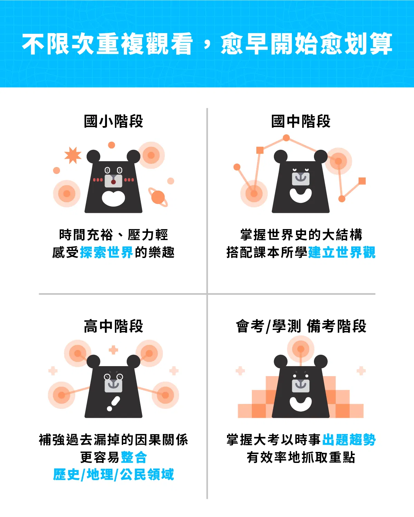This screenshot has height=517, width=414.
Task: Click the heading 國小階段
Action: [x=114, y=121]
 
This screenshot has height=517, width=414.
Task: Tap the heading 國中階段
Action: [x=300, y=121]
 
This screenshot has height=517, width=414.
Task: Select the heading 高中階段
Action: [x=114, y=326]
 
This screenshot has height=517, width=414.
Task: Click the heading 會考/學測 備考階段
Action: [x=301, y=326]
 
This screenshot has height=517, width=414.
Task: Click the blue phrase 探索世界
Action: [x=106, y=252]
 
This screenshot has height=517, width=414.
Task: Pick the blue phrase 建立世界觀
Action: [x=342, y=252]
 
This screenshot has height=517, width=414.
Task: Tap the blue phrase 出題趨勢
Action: [x=349, y=440]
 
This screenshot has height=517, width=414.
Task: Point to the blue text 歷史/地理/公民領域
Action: [x=114, y=475]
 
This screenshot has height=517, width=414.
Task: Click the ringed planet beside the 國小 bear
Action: [x=158, y=197]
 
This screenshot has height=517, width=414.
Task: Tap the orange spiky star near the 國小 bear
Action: [x=73, y=155]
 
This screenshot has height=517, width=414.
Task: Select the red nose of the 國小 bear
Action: [x=114, y=182]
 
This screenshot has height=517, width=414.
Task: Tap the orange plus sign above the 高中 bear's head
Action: [x=114, y=350]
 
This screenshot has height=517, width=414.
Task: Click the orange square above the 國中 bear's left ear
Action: [x=260, y=150]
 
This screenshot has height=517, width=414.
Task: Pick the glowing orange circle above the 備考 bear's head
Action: [x=300, y=349]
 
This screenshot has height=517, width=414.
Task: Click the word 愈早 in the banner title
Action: [x=244, y=44]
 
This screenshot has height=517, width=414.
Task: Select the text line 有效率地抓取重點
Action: [x=301, y=457]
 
